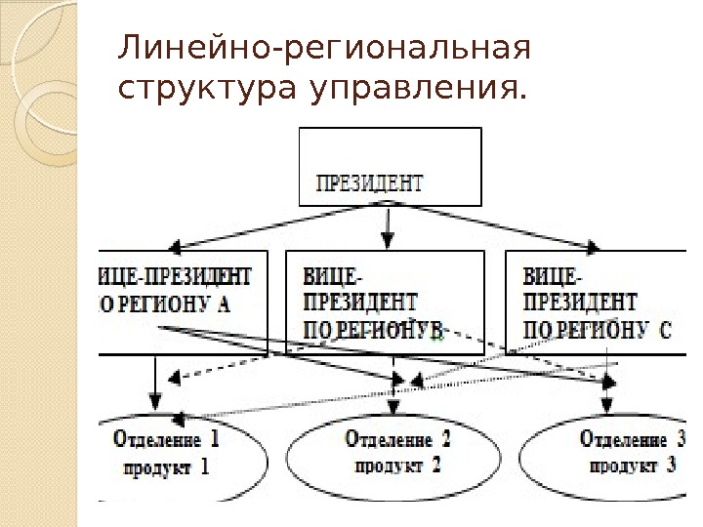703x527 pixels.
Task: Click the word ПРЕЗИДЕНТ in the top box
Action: point(369,182)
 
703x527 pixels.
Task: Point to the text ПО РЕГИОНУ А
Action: point(166,303)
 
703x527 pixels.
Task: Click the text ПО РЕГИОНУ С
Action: point(597,329)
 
